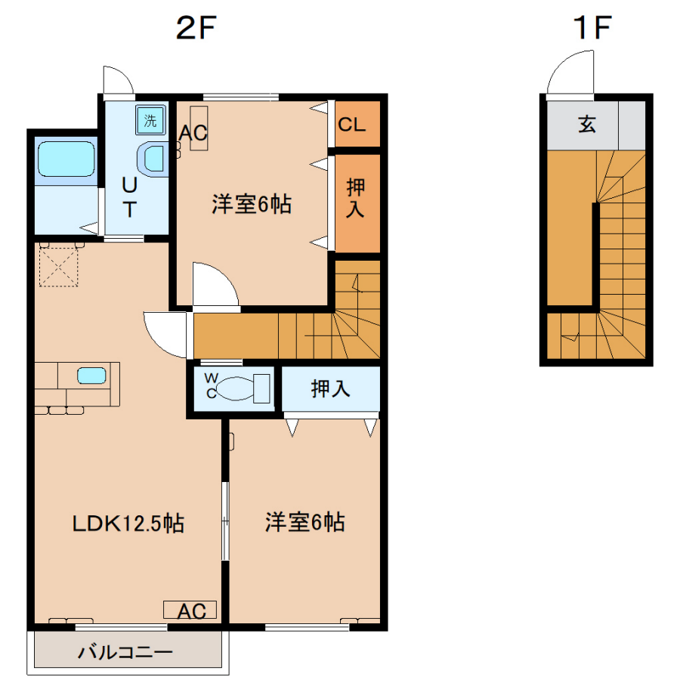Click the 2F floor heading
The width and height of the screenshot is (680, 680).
click(x=196, y=27)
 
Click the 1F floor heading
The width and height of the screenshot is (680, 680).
click(x=592, y=27)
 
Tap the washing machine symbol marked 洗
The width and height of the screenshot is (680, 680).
click(x=150, y=119)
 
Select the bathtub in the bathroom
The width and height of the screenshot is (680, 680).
click(x=66, y=159)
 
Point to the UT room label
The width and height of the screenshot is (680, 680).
click(x=130, y=197)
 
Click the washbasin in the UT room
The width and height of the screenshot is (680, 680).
click(x=153, y=159)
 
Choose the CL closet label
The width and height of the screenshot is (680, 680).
click(x=351, y=125)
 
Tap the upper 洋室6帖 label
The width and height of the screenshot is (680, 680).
click(x=252, y=203)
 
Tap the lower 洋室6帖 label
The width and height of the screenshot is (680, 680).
click(x=305, y=521)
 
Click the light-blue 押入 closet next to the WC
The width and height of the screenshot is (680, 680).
click(x=331, y=388)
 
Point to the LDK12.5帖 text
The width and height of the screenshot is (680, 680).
click(x=128, y=524)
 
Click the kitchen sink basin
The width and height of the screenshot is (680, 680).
click(x=91, y=376)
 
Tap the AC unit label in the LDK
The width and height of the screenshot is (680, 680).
click(x=192, y=611)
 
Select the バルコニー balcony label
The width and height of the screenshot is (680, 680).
click(x=125, y=652)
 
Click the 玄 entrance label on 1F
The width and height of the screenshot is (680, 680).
click(x=587, y=125)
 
